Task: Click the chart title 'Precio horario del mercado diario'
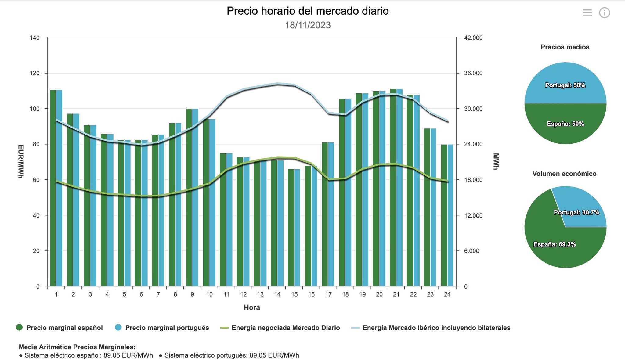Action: pos(308,11)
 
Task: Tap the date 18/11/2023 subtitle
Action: pos(308,25)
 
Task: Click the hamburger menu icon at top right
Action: pos(587,13)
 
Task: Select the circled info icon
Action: pos(604,13)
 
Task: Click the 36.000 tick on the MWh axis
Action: pos(473,73)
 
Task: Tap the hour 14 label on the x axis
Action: pos(277,294)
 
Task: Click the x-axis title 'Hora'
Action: pos(252,308)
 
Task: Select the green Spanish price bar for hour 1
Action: pos(53,189)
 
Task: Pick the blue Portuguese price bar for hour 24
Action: pos(450,217)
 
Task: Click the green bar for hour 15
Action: pos(291,229)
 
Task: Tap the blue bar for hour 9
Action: pos(195,198)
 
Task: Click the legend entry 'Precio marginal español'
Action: pos(64,328)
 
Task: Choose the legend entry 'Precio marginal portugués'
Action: pos(167,328)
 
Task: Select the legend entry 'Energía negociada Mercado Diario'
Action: pos(285,328)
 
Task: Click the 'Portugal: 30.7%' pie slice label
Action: pos(576,212)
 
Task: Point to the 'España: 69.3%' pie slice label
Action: pos(555,244)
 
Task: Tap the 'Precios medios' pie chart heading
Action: pos(565,47)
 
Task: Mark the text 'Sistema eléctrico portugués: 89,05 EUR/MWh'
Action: pos(232,355)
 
